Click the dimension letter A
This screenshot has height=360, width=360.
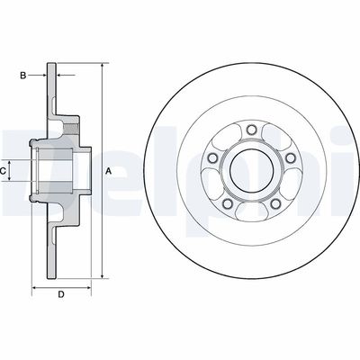[x=108, y=170]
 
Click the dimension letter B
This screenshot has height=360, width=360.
[x=23, y=76]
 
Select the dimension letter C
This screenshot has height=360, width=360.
[x=4, y=168]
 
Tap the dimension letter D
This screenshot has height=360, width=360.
[x=61, y=293]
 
